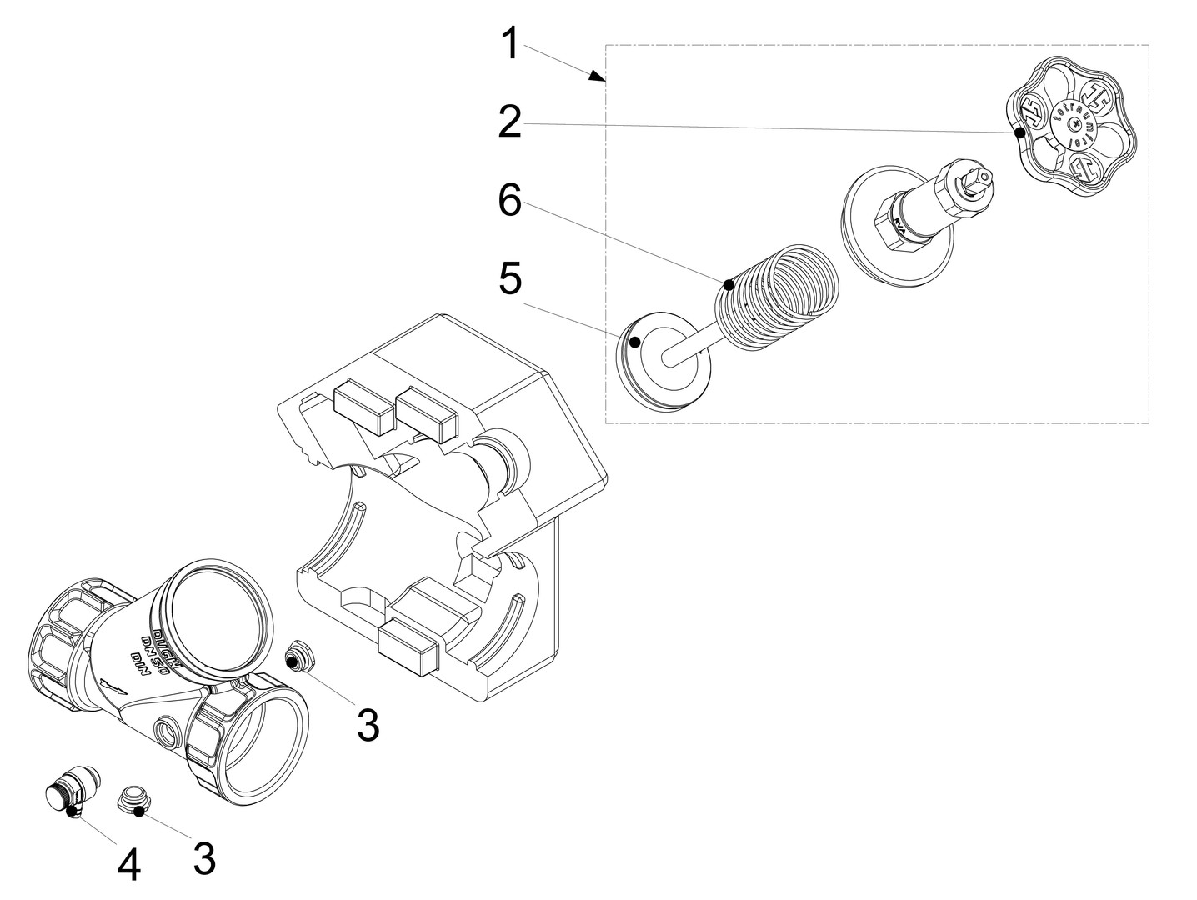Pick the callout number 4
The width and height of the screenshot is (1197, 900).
128,866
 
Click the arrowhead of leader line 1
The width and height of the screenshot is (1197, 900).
598,76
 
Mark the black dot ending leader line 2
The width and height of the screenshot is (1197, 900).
1019,132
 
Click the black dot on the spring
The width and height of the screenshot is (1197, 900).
729,284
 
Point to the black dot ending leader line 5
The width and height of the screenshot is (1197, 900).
635,341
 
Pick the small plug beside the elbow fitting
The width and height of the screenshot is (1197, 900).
133,801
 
